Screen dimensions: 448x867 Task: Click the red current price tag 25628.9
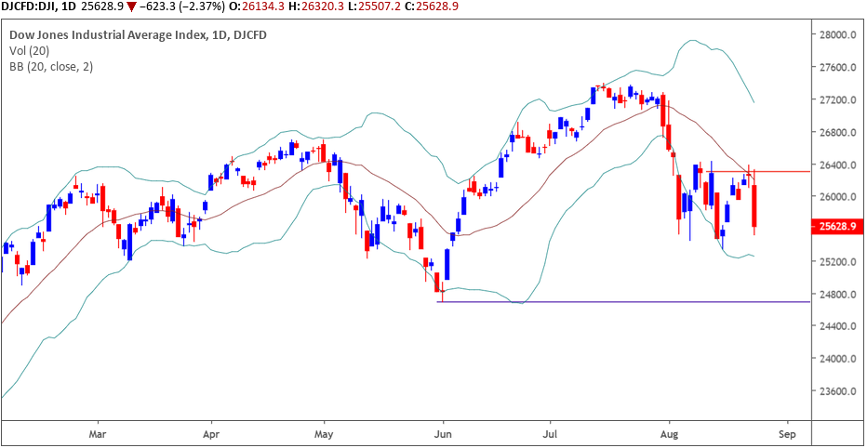(834, 226)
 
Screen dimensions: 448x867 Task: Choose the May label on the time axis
(324, 433)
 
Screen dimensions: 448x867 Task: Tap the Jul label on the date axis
(551, 433)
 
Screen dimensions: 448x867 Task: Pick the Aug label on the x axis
(669, 433)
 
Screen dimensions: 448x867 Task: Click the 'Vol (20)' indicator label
(30, 51)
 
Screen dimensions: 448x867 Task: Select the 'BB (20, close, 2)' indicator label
(51, 67)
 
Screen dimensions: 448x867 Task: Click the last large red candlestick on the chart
(754, 205)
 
